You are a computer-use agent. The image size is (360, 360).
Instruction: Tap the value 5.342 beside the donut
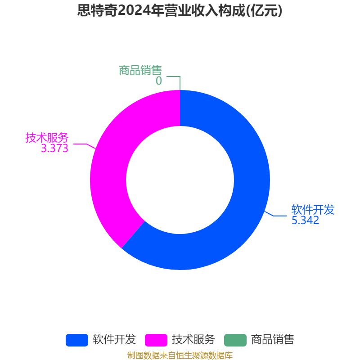tap(305, 220)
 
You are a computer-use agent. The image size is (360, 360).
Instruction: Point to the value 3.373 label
tap(54, 148)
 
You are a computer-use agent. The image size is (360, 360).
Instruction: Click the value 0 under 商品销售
tap(159, 81)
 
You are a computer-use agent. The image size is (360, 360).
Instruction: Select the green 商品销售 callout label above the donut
tap(140, 70)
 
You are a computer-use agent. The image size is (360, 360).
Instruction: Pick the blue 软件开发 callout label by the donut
tap(313, 210)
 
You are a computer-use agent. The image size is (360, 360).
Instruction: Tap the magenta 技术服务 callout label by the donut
tap(47, 138)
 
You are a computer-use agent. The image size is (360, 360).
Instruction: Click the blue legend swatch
tap(77, 340)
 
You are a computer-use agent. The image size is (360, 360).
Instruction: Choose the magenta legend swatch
tap(156, 340)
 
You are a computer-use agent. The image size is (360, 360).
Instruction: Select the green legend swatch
tap(235, 340)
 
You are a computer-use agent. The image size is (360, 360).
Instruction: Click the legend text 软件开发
tap(114, 340)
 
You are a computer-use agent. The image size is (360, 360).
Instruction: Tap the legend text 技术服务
tap(193, 340)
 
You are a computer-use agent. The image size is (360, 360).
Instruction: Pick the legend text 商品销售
tap(273, 340)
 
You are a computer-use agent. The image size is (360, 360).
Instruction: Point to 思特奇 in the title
tap(98, 10)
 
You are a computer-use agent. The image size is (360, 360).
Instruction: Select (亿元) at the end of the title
tap(264, 10)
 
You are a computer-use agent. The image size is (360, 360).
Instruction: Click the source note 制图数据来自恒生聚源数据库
tap(180, 355)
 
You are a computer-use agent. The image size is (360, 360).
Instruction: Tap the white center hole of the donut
tap(180, 180)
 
